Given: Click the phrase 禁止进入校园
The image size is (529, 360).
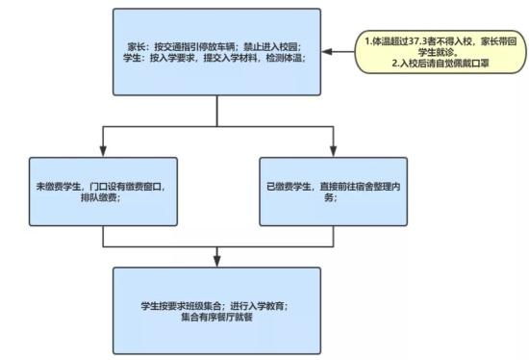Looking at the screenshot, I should tap(271, 46).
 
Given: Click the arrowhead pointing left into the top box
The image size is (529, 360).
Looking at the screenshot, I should tap(325, 53).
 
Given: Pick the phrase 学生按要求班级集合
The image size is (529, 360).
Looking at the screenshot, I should tap(181, 305).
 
